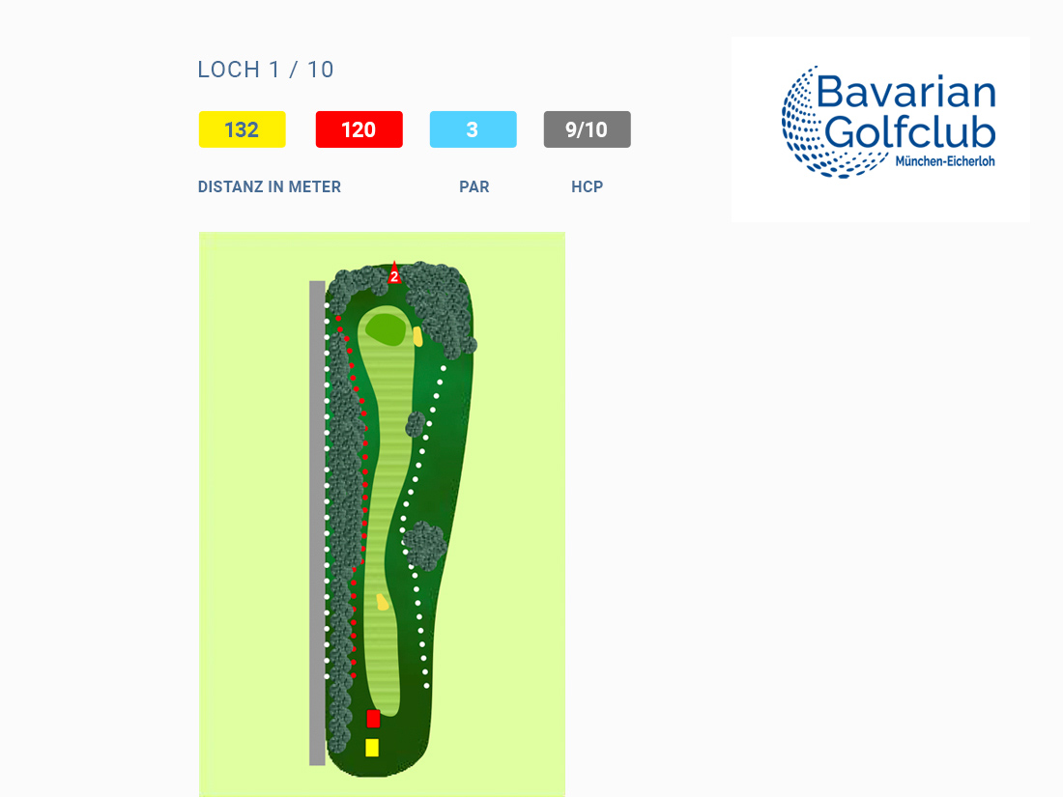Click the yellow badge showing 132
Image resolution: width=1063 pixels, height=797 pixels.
242,129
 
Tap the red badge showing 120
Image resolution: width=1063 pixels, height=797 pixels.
359,129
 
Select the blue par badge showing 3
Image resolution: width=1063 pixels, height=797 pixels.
474,129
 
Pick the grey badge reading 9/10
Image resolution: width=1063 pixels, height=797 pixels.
588,129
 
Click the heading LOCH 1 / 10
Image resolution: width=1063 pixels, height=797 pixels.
266,70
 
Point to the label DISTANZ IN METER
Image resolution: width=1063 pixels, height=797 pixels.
270,187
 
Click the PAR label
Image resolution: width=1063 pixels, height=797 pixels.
474,187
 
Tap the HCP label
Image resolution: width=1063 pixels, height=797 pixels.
588,187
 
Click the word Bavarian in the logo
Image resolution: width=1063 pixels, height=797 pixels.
906,92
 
